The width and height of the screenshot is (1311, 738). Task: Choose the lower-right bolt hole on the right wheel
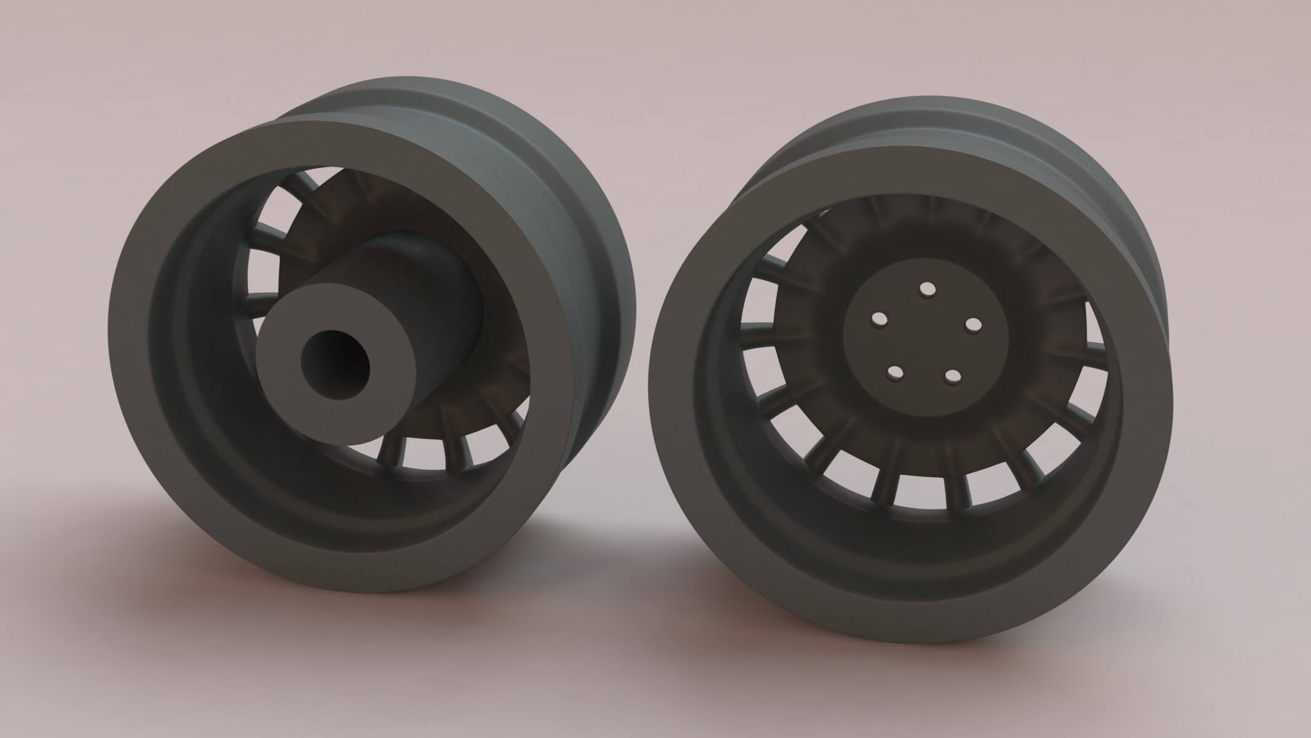pos(952,376)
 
